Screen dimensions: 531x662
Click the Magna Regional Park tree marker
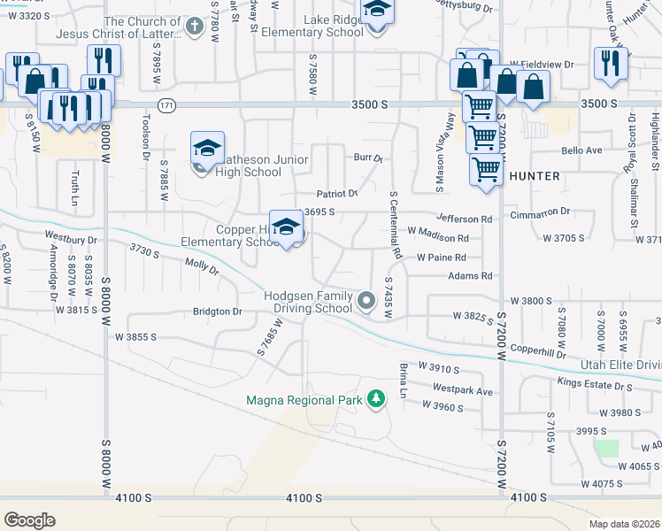pyautogui.click(x=377, y=400)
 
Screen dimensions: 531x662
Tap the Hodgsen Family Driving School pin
pyautogui.click(x=367, y=303)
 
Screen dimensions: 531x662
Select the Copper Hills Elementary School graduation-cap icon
pyautogui.click(x=287, y=228)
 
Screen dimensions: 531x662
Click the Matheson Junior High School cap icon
pyautogui.click(x=207, y=150)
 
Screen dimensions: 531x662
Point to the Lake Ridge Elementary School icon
pyautogui.click(x=378, y=12)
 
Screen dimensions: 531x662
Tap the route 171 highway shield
pyautogui.click(x=166, y=104)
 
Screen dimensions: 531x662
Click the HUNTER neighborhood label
pyautogui.click(x=535, y=176)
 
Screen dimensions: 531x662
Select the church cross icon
pyautogui.click(x=196, y=27)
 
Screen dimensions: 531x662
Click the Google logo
pyautogui.click(x=29, y=519)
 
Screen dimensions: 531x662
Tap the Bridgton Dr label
pyautogui.click(x=218, y=312)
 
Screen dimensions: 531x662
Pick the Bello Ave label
pyautogui.click(x=581, y=150)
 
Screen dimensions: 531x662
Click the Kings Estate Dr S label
pyautogui.click(x=595, y=384)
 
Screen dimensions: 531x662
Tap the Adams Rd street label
pyautogui.click(x=469, y=276)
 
